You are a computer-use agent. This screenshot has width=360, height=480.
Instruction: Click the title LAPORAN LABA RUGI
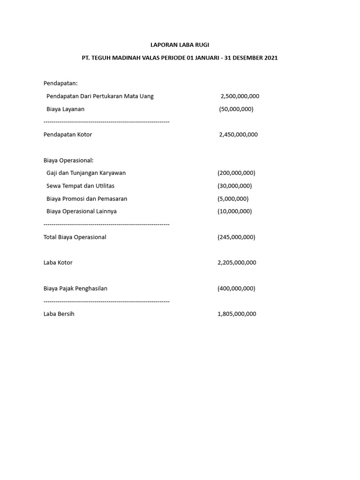(180, 45)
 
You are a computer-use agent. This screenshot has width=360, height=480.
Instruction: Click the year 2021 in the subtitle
(271, 58)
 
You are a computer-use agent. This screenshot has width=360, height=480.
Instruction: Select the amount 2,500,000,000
(240, 96)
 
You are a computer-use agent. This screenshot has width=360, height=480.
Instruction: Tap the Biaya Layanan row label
(66, 109)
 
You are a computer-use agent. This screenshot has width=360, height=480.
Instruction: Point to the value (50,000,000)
(236, 109)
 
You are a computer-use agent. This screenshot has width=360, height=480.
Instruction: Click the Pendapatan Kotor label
(67, 135)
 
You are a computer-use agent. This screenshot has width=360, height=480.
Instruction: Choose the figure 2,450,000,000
(238, 135)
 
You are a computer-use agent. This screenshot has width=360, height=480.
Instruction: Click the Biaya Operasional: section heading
(68, 160)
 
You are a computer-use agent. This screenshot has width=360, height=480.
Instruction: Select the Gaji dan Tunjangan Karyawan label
(86, 173)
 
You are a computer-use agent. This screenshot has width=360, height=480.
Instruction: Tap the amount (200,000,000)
(236, 173)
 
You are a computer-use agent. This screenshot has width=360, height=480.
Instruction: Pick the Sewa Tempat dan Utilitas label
(81, 186)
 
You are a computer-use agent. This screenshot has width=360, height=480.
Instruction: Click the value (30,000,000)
(235, 186)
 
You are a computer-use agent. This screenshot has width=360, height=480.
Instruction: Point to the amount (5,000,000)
(233, 199)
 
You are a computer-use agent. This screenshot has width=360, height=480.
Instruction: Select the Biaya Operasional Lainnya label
(82, 211)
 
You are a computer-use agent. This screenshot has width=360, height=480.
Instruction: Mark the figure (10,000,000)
(235, 211)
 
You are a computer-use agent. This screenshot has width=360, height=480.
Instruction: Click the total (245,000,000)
(236, 237)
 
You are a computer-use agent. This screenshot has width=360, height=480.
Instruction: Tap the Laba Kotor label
(58, 262)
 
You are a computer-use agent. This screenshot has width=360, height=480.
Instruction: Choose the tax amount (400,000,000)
(236, 288)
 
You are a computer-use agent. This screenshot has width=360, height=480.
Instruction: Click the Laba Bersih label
(59, 314)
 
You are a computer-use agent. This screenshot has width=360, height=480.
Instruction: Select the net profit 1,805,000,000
(237, 314)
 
